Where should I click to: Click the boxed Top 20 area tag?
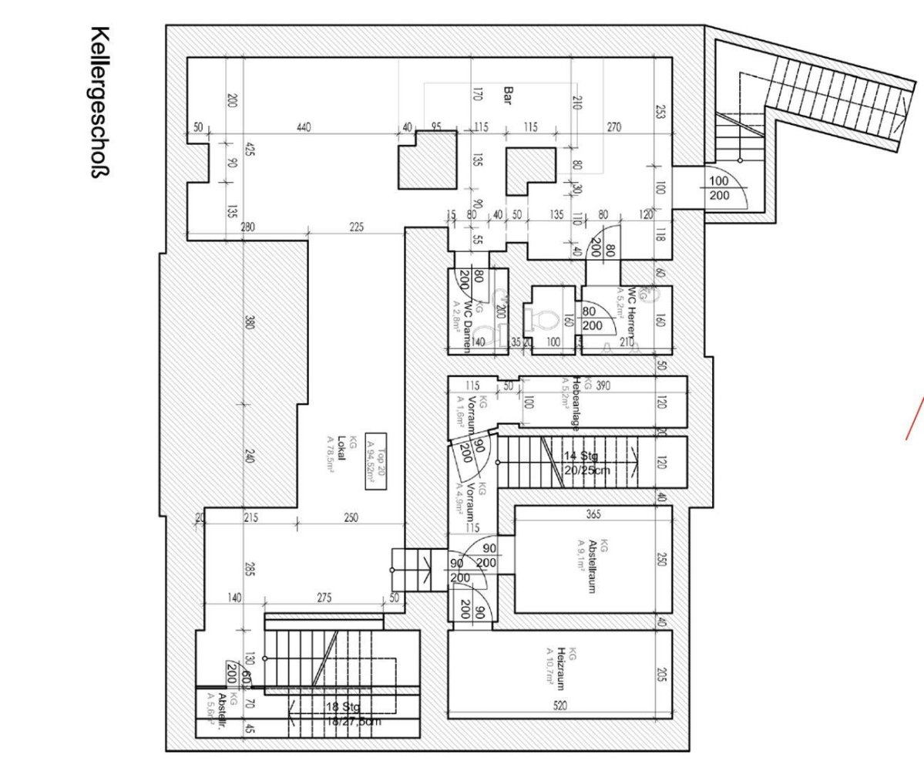(x=375, y=461)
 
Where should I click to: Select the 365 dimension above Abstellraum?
(x=593, y=514)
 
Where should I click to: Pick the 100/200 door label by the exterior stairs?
(x=718, y=188)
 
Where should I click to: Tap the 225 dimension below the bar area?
(x=356, y=227)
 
